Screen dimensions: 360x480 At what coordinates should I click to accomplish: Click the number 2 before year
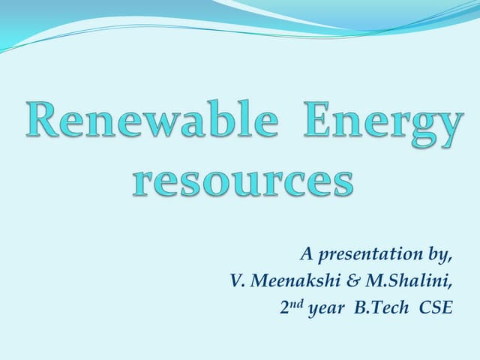coord(275,307)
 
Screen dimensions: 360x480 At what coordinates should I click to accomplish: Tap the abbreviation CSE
coord(436,307)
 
